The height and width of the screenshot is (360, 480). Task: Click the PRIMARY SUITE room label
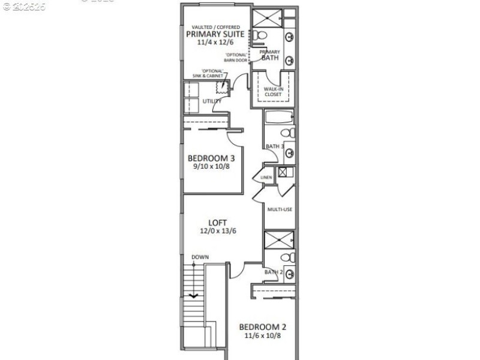click(215, 34)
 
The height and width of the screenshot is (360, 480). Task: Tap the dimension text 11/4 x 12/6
click(215, 43)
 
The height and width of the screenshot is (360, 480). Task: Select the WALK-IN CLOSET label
click(274, 91)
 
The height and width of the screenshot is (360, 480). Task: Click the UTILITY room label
click(212, 101)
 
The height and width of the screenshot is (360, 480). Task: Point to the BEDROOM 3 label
click(211, 158)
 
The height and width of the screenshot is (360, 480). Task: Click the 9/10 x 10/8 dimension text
click(211, 167)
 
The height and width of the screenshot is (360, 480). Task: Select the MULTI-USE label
click(280, 210)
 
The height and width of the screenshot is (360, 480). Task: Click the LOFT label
click(218, 223)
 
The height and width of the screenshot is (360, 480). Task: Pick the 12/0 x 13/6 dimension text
click(218, 231)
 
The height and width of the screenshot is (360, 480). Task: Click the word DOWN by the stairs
click(200, 257)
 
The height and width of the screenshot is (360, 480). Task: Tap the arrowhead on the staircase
click(193, 295)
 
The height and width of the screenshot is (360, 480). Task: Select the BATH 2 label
click(274, 272)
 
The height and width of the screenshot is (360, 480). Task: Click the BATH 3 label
click(274, 146)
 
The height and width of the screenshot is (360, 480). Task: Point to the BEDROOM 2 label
click(263, 327)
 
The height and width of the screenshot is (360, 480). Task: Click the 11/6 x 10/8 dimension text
click(263, 335)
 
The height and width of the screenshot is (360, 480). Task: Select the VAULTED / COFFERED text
click(215, 27)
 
